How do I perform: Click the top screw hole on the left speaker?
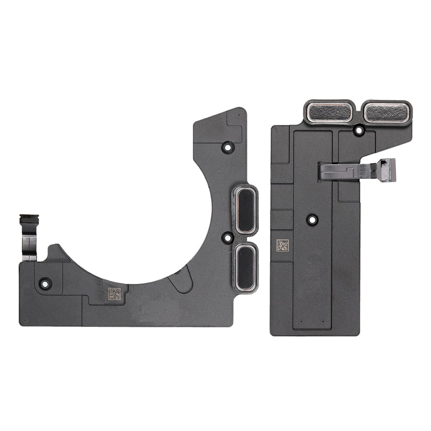tap(226, 147)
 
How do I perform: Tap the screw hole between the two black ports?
tap(227, 237)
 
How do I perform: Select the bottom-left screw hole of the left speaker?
tap(45, 283)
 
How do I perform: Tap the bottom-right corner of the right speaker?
tap(358, 334)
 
